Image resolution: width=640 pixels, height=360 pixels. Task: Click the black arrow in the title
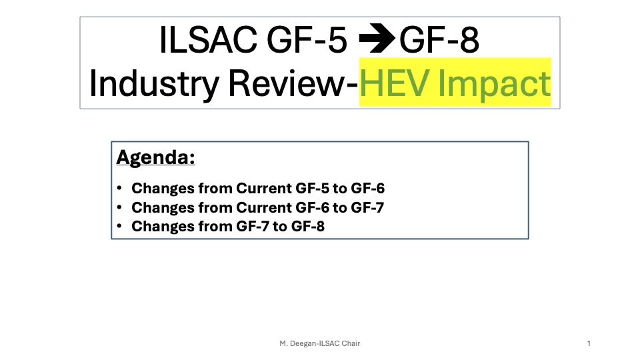pyautogui.click(x=377, y=39)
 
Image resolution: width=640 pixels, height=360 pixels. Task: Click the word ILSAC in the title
pyautogui.click(x=208, y=39)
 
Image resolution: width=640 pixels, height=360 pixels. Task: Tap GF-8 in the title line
pyautogui.click(x=439, y=39)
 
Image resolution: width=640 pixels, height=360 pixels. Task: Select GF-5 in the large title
pyautogui.click(x=307, y=39)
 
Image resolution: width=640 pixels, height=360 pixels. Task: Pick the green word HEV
pyautogui.click(x=395, y=83)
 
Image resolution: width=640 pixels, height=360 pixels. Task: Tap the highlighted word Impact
pyautogui.click(x=494, y=85)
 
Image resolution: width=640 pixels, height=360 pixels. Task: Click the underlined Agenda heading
pyautogui.click(x=155, y=157)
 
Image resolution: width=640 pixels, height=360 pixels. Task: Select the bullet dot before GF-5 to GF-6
pyautogui.click(x=119, y=188)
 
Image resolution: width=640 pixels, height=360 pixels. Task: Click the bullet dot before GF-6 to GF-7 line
pyautogui.click(x=119, y=207)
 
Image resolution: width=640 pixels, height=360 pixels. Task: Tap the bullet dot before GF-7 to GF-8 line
pyautogui.click(x=119, y=226)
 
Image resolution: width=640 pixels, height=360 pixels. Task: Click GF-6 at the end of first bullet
pyautogui.click(x=368, y=188)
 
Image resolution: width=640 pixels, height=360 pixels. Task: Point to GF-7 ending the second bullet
pyautogui.click(x=367, y=207)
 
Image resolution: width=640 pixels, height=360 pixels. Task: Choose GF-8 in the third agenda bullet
pyautogui.click(x=308, y=226)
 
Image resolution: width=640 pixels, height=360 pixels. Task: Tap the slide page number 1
pyautogui.click(x=589, y=343)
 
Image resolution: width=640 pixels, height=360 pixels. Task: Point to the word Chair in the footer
pyautogui.click(x=351, y=343)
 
